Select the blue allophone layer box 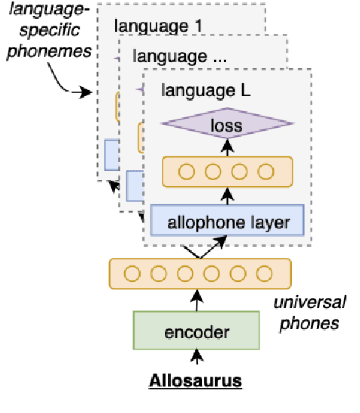pyautogui.click(x=227, y=222)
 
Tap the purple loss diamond pyautogui.click(x=227, y=125)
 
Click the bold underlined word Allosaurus pyautogui.click(x=197, y=380)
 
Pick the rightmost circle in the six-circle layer pyautogui.click(x=263, y=273)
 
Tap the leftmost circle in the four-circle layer pyautogui.click(x=186, y=172)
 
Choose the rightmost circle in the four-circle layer pyautogui.click(x=265, y=172)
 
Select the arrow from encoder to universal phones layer pyautogui.click(x=197, y=300)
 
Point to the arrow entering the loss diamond pyautogui.click(x=227, y=147)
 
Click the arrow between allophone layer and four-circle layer pyautogui.click(x=227, y=197)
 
